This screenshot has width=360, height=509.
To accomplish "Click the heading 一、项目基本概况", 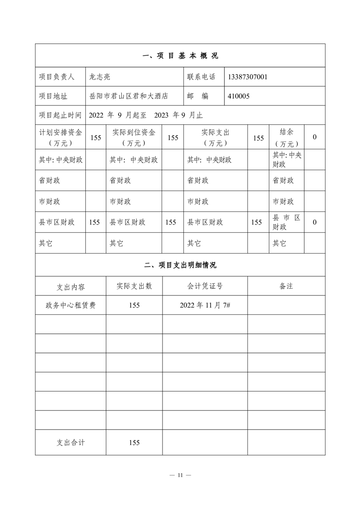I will pyautogui.click(x=180, y=56).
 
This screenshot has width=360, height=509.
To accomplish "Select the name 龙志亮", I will pyautogui.click(x=98, y=77).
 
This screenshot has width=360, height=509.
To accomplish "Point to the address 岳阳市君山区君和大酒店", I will pyautogui.click(x=129, y=96).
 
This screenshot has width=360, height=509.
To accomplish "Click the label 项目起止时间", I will pyautogui.click(x=60, y=115).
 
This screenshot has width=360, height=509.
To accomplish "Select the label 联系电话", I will pyautogui.click(x=201, y=77).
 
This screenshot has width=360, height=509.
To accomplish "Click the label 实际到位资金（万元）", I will pyautogui.click(x=134, y=137).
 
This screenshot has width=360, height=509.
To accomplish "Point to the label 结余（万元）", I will pyautogui.click(x=286, y=137).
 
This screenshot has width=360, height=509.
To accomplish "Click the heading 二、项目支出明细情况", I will pyautogui.click(x=180, y=265).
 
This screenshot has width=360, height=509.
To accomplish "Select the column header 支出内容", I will pyautogui.click(x=70, y=287).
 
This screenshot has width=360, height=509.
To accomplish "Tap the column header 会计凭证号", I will pyautogui.click(x=205, y=286).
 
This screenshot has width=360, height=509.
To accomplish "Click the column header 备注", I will pyautogui.click(x=286, y=286).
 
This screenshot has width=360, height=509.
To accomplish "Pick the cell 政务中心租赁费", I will pyautogui.click(x=70, y=305).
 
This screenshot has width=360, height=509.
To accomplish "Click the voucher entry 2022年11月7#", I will pyautogui.click(x=205, y=305).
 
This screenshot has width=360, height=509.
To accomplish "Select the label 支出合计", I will pyautogui.click(x=70, y=443).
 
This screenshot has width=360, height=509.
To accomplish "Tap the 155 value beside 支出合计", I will pyautogui.click(x=134, y=443).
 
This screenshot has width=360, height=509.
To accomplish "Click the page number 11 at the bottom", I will pyautogui.click(x=180, y=475).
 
